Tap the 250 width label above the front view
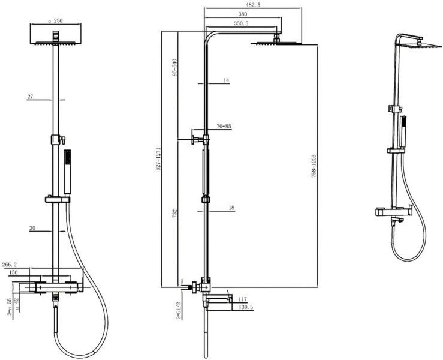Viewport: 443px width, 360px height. (x=58, y=20)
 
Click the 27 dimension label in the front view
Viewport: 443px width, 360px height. (x=31, y=96)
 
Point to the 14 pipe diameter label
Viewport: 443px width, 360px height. (x=226, y=80)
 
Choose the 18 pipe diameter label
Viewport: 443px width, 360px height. (x=231, y=208)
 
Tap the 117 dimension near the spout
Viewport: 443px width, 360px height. (x=243, y=299)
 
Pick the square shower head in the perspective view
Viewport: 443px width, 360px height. (x=414, y=44)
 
